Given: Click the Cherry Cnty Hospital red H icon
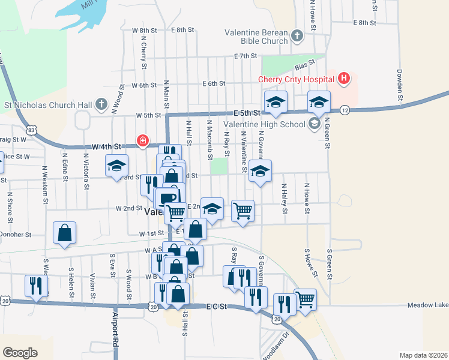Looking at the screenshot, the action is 343,78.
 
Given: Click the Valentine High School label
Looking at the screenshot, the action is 264,125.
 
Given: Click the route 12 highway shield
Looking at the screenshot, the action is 344,110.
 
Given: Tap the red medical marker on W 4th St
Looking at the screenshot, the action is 143,141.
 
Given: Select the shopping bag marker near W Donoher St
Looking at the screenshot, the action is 64,233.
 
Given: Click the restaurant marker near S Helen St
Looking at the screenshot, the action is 36,286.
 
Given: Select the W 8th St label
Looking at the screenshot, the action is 144,30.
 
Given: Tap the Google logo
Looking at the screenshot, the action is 20,352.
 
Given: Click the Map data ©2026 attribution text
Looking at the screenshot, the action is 423,355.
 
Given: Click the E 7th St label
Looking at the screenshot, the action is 246,56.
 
